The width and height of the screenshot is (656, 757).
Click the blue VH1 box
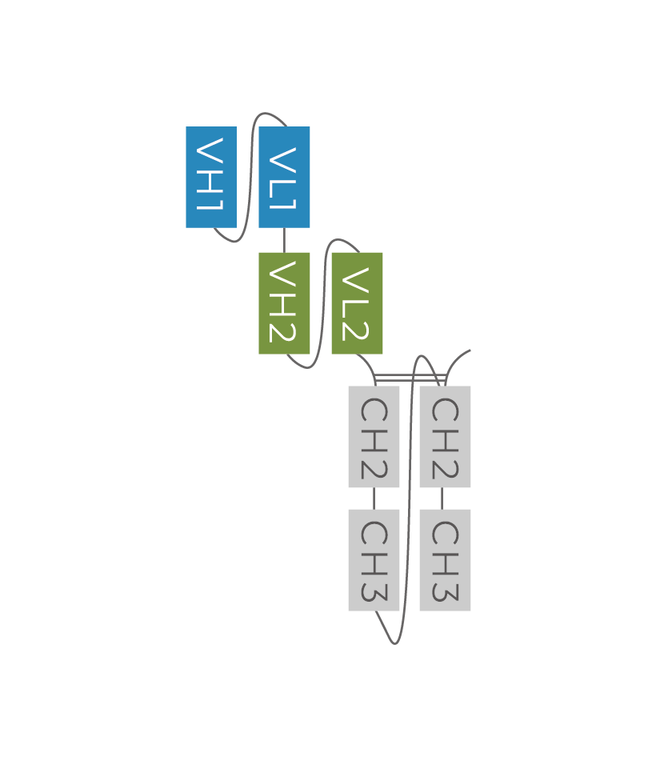tap(211, 177)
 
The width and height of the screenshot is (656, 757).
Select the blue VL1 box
tap(284, 177)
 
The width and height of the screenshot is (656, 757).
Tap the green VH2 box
tap(284, 302)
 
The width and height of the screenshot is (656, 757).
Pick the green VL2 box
tap(357, 302)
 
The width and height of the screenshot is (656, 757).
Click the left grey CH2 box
tap(374, 436)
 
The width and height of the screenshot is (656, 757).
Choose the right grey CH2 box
tap(445, 436)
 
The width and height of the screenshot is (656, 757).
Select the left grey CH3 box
tap(374, 559)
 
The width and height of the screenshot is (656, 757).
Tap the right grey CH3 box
tap(445, 559)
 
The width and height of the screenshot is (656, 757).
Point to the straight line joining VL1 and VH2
tap(284, 240)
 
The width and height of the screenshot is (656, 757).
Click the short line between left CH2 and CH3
tap(374, 498)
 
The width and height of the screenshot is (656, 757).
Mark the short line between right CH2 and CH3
tap(442, 498)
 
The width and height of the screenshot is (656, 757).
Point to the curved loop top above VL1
tap(268, 114)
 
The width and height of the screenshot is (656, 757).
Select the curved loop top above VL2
tap(341, 239)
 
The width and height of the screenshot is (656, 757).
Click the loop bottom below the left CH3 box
tap(394, 643)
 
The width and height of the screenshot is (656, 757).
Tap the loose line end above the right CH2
tap(469, 350)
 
